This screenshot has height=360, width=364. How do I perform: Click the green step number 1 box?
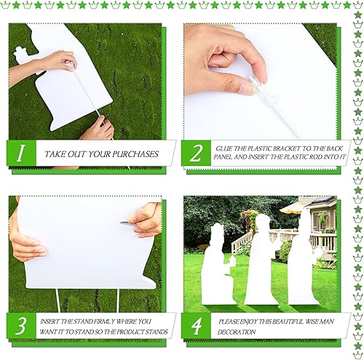pos(21,153)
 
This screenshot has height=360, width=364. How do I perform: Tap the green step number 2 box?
pos(195,153)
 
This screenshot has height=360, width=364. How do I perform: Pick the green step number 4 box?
pos(195,327)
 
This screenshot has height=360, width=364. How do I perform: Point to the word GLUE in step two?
pos(224,148)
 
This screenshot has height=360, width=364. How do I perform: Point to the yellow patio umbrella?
pos(293,207)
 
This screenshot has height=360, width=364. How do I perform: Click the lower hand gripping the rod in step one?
pos(98,129)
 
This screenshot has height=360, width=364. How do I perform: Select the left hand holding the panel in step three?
pos(27,247)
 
